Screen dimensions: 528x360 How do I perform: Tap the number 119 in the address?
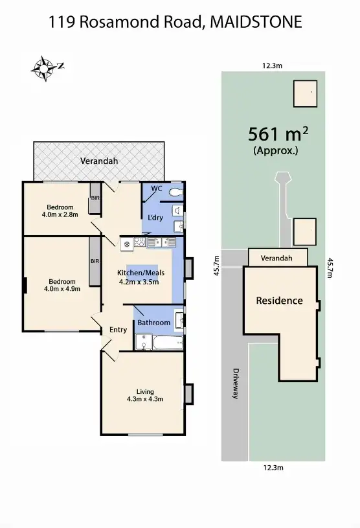coord(63,22)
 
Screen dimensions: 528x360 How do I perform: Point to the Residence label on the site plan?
coord(279,301)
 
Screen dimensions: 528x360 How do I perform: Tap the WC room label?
coord(156,189)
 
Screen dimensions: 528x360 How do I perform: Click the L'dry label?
coord(155,217)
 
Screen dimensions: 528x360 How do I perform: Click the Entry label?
coord(118,330)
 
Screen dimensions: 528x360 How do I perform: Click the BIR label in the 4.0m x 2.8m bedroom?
coord(95,197)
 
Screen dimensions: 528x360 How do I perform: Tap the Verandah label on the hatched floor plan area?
coord(98,160)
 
